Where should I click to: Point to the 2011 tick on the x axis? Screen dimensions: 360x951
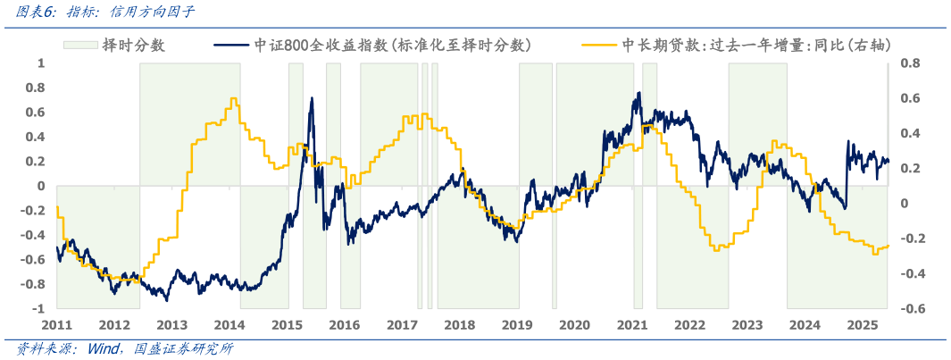(56, 325)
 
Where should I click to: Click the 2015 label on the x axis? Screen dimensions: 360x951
(287, 325)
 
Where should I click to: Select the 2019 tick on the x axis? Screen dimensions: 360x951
(517, 325)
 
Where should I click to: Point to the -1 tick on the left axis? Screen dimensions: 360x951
(38, 309)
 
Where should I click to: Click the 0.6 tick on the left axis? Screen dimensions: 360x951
(34, 113)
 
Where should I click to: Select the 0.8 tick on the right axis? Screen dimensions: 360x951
(909, 63)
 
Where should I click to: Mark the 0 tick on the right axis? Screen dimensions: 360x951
(904, 204)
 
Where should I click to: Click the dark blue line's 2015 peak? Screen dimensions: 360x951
(312, 98)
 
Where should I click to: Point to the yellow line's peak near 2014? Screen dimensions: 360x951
(233, 98)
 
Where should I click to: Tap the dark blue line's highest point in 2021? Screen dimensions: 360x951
(637, 93)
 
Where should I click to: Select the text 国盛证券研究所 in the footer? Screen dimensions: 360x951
(183, 349)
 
